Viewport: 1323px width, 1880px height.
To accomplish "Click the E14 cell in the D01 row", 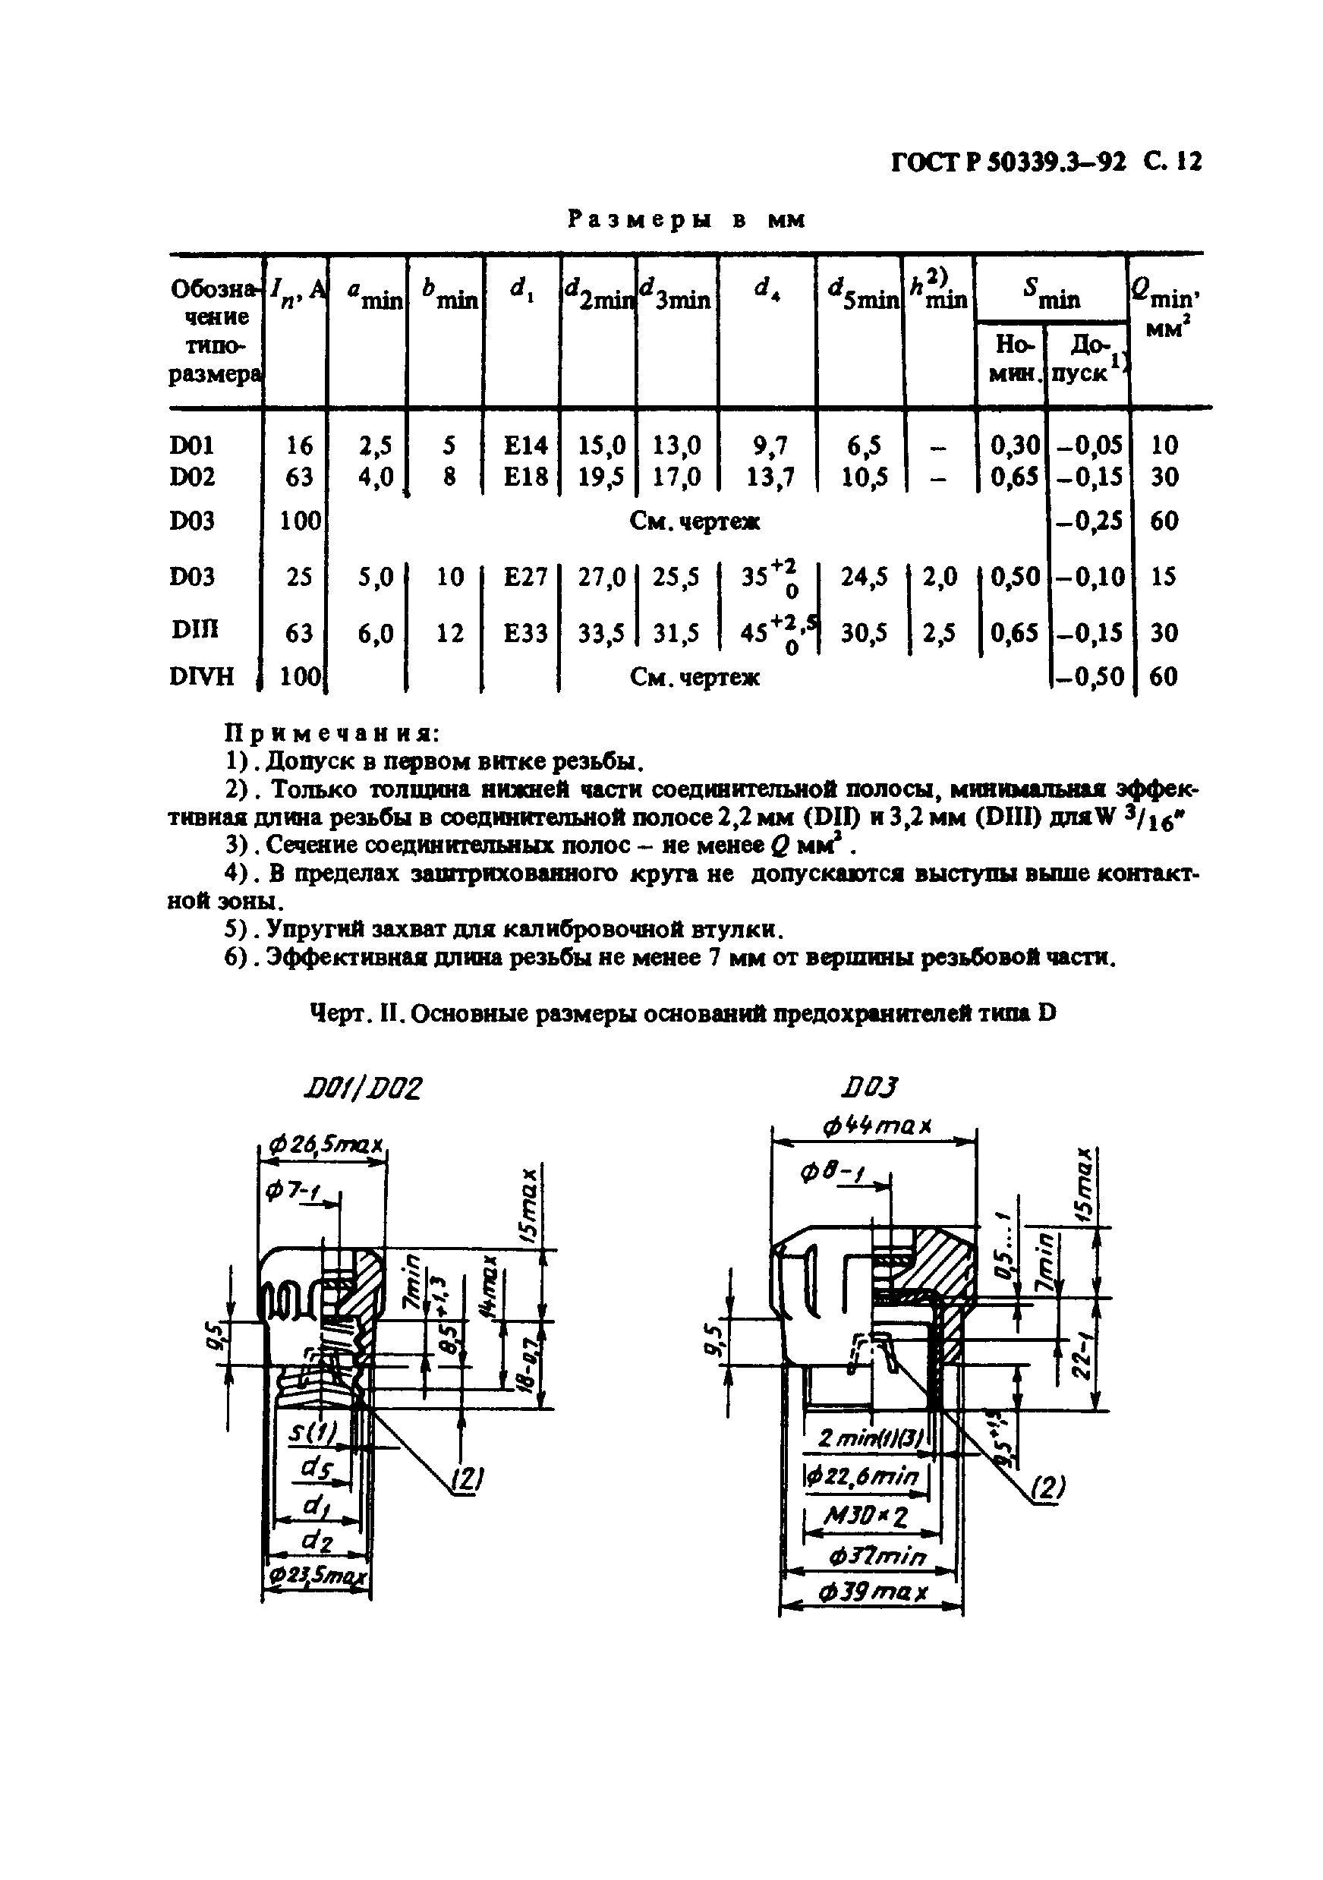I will point(524,446).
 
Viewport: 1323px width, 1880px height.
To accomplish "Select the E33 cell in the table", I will point(524,633).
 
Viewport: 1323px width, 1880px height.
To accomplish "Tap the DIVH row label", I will point(201,676).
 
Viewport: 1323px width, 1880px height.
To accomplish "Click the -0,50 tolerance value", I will point(1092,677).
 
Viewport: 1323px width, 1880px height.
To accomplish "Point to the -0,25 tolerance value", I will point(1092,521).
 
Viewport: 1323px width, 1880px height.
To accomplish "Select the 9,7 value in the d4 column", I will point(769,446).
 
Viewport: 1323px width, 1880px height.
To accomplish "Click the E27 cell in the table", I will point(524,578).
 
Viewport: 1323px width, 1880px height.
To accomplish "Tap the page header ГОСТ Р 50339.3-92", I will point(1008,162).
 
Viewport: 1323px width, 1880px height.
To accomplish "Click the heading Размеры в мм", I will point(686,219).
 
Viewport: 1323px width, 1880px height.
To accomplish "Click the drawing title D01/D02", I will point(361,1088).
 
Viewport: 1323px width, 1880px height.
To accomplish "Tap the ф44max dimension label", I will point(877,1126).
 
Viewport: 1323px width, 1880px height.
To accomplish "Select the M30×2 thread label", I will point(867,1517).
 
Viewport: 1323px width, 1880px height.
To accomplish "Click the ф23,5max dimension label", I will point(316,1576).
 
